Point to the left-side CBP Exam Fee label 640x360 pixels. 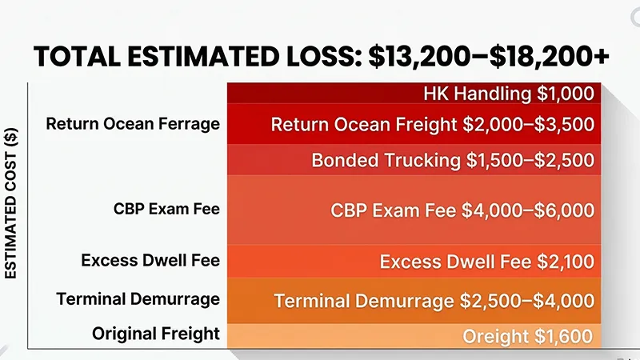click(x=166, y=210)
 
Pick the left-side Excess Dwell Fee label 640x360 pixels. click(x=150, y=260)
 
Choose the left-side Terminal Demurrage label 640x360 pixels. click(x=138, y=299)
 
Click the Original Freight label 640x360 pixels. click(x=156, y=332)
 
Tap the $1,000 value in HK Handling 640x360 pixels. click(x=566, y=94)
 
